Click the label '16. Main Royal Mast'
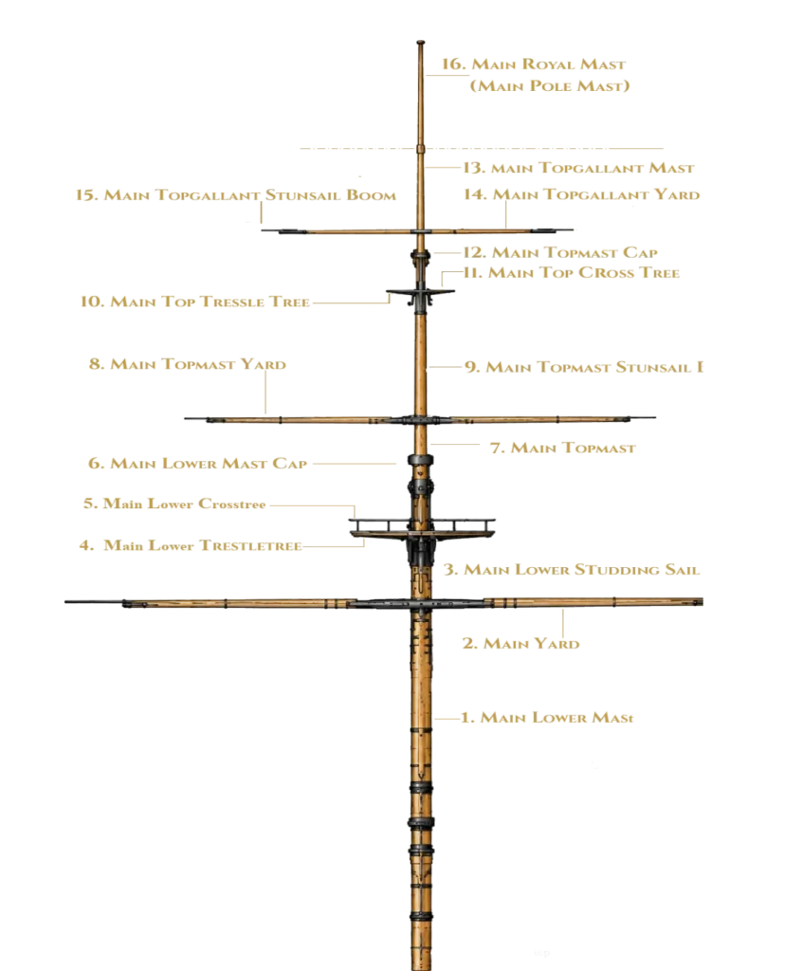click(533, 64)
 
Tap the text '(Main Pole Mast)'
click(550, 86)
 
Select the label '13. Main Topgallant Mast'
click(579, 168)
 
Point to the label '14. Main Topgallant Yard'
click(581, 194)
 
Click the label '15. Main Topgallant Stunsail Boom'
click(236, 195)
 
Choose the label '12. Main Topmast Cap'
click(560, 252)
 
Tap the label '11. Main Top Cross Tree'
click(572, 272)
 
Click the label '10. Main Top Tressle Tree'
click(195, 302)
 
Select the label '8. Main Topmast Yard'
click(188, 364)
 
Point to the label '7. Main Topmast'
click(563, 448)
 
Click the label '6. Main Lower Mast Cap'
click(197, 463)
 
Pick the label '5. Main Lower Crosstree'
click(174, 504)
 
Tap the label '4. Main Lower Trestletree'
click(191, 545)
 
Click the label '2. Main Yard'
click(520, 644)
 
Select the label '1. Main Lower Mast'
click(547, 718)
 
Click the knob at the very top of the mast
click(420, 43)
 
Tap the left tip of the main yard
click(65, 601)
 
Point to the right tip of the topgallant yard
click(572, 229)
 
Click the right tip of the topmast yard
click(654, 418)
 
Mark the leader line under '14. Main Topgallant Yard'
click(505, 216)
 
